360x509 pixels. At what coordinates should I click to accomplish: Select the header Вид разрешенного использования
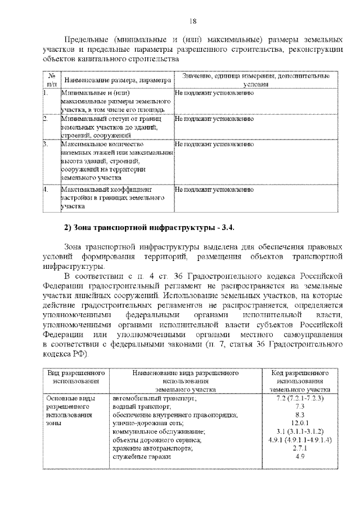click(76, 377)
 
